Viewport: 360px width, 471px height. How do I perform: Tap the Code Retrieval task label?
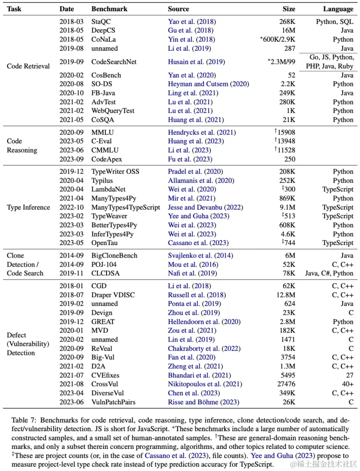[x=28, y=66]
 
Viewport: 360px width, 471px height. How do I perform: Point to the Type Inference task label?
[x=28, y=207]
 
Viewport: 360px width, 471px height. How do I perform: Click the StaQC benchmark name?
[x=102, y=22]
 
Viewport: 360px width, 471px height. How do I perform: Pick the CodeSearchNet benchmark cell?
[x=115, y=62]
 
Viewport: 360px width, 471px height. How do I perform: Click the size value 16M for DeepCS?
[x=289, y=31]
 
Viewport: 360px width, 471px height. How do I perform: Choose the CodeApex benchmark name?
[x=107, y=159]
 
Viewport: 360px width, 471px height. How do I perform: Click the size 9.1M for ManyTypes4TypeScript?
[x=288, y=207]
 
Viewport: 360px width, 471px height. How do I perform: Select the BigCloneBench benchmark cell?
[x=114, y=256]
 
